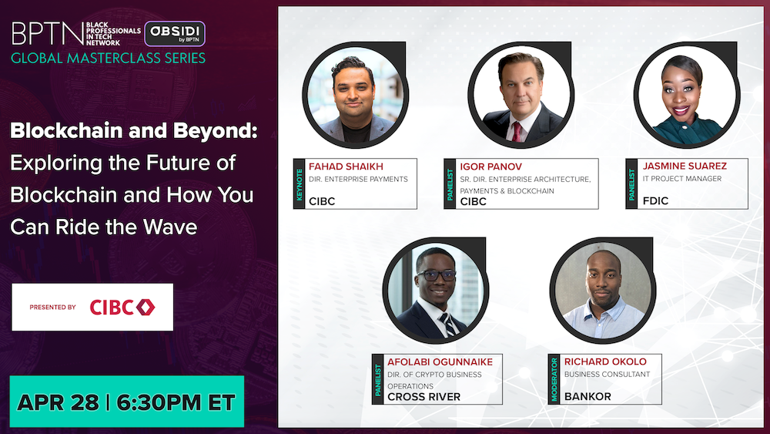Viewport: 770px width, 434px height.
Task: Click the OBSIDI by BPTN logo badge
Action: pyautogui.click(x=175, y=33)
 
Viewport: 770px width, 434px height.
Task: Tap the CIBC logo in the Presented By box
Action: pyautogui.click(x=122, y=307)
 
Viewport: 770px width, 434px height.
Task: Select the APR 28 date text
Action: pyautogui.click(x=58, y=402)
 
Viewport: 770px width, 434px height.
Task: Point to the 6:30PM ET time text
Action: pyautogui.click(x=176, y=402)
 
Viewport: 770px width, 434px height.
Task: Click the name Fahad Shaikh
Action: pyautogui.click(x=346, y=167)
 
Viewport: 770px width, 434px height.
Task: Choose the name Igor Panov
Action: pyautogui.click(x=490, y=167)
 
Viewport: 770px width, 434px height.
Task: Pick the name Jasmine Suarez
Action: pyautogui.click(x=685, y=167)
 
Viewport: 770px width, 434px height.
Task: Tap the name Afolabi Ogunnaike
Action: pyautogui.click(x=440, y=362)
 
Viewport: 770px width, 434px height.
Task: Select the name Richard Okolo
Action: pyautogui.click(x=605, y=362)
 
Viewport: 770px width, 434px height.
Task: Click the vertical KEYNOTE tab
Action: pyautogui.click(x=299, y=183)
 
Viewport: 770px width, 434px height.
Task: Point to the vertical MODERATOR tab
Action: pyautogui.click(x=554, y=379)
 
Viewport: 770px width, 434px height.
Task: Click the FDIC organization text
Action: pyautogui.click(x=655, y=200)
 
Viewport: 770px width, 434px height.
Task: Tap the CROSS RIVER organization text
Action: pyautogui.click(x=423, y=397)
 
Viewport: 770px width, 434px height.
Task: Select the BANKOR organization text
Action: pyautogui.click(x=588, y=396)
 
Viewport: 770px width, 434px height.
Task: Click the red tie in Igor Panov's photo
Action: pyautogui.click(x=516, y=132)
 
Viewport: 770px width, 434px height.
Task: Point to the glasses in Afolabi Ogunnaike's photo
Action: pyautogui.click(x=436, y=275)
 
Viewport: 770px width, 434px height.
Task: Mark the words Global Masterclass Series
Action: pyautogui.click(x=108, y=58)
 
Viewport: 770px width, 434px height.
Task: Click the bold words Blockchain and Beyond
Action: pyautogui.click(x=133, y=131)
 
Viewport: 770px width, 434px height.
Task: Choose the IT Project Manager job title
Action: pyautogui.click(x=682, y=178)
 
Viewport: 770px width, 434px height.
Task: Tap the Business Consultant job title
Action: pyautogui.click(x=607, y=374)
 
